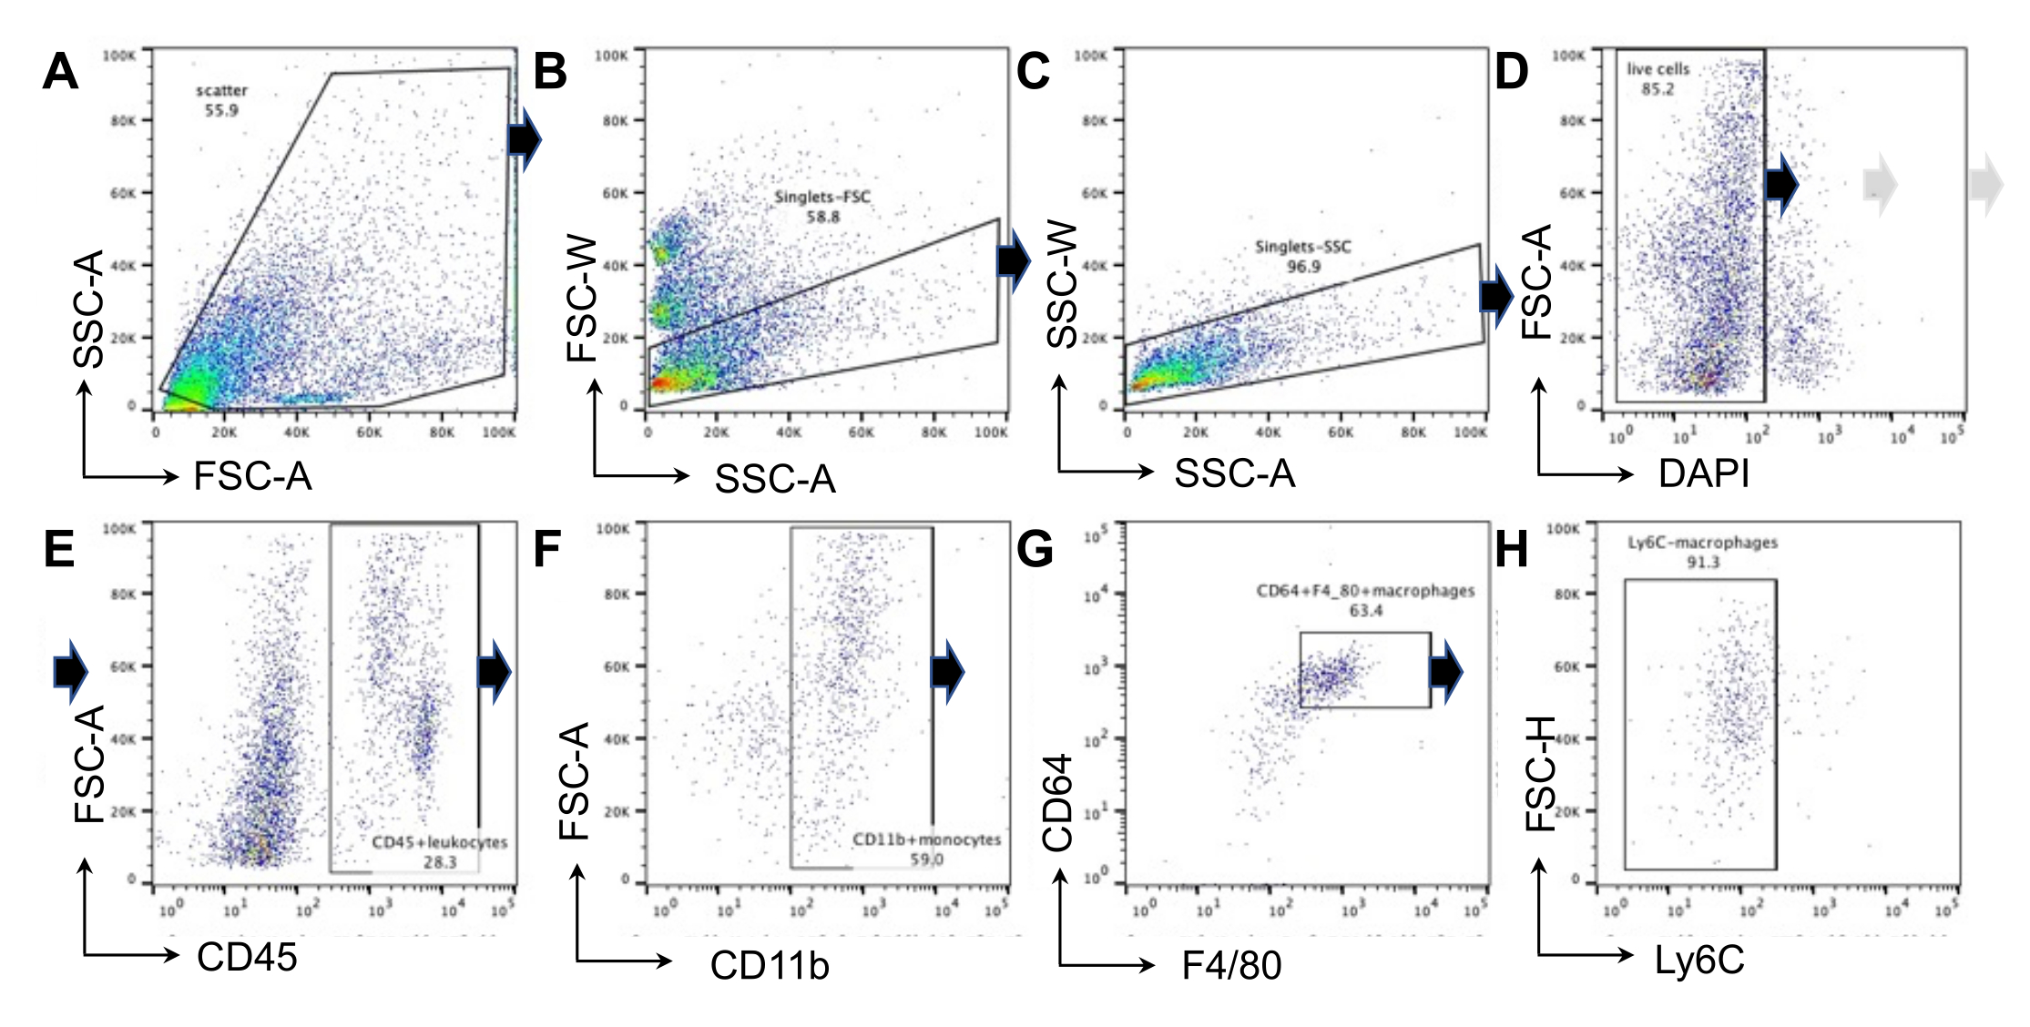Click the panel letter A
(x=60, y=71)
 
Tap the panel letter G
(x=1035, y=550)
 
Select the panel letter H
(x=1512, y=550)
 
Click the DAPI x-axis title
(x=1704, y=473)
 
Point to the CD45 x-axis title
(x=247, y=957)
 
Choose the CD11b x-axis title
(x=770, y=965)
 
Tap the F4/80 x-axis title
(x=1231, y=965)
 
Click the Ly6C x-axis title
(x=1699, y=961)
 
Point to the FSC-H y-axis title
(x=1539, y=774)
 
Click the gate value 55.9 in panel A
(x=221, y=110)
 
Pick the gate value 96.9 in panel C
(x=1303, y=267)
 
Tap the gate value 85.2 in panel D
(x=1658, y=89)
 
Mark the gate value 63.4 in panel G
(x=1365, y=610)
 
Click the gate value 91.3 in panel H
(x=1702, y=563)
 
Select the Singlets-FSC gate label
(x=822, y=197)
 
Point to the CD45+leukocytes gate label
(x=440, y=842)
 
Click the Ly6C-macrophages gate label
(x=1702, y=543)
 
